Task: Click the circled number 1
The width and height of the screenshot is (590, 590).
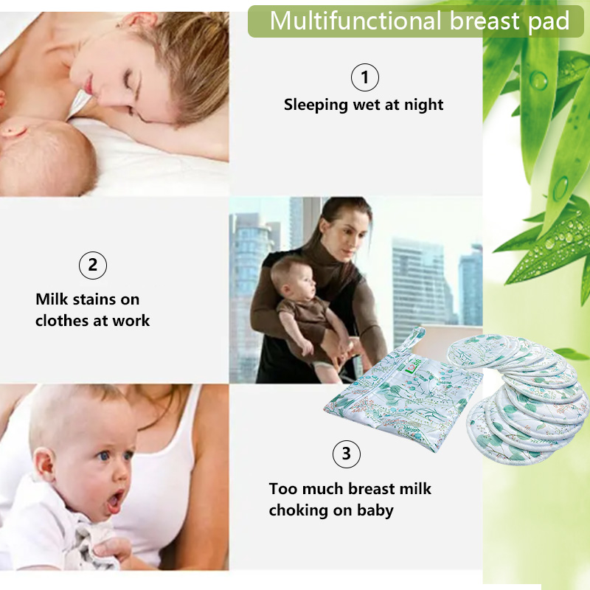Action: click(364, 77)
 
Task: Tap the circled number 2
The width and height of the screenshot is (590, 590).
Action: click(93, 265)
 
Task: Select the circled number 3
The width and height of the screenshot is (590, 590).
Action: click(347, 454)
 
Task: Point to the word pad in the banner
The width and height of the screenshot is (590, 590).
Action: click(548, 21)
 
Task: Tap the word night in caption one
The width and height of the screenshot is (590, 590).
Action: click(424, 105)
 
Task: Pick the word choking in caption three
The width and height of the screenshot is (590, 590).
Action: click(297, 510)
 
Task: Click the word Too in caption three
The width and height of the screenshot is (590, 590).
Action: click(282, 488)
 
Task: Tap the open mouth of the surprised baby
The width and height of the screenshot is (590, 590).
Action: click(115, 502)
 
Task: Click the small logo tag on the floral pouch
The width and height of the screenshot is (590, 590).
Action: click(408, 367)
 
